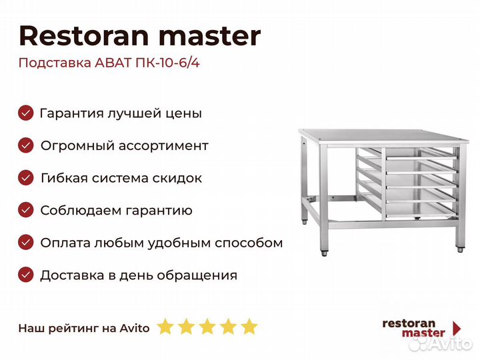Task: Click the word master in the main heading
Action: tap(210, 37)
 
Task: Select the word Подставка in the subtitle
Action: tap(55, 63)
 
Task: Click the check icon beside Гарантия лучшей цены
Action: tap(26, 113)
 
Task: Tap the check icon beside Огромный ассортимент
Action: tap(26, 145)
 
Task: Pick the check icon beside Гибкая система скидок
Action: tap(26, 178)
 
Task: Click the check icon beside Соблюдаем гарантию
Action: tap(26, 210)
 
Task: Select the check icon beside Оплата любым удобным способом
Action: tap(26, 243)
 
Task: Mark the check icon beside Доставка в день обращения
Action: tap(26, 275)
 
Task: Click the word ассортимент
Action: tap(163, 146)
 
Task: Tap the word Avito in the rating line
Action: tap(135, 328)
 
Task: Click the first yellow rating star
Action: tap(165, 326)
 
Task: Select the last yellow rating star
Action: tap(249, 326)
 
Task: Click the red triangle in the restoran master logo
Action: tap(457, 328)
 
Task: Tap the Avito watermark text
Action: tap(450, 344)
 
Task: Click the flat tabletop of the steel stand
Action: tap(383, 135)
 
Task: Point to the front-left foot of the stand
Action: tap(324, 253)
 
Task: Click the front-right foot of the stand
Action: tap(460, 249)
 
